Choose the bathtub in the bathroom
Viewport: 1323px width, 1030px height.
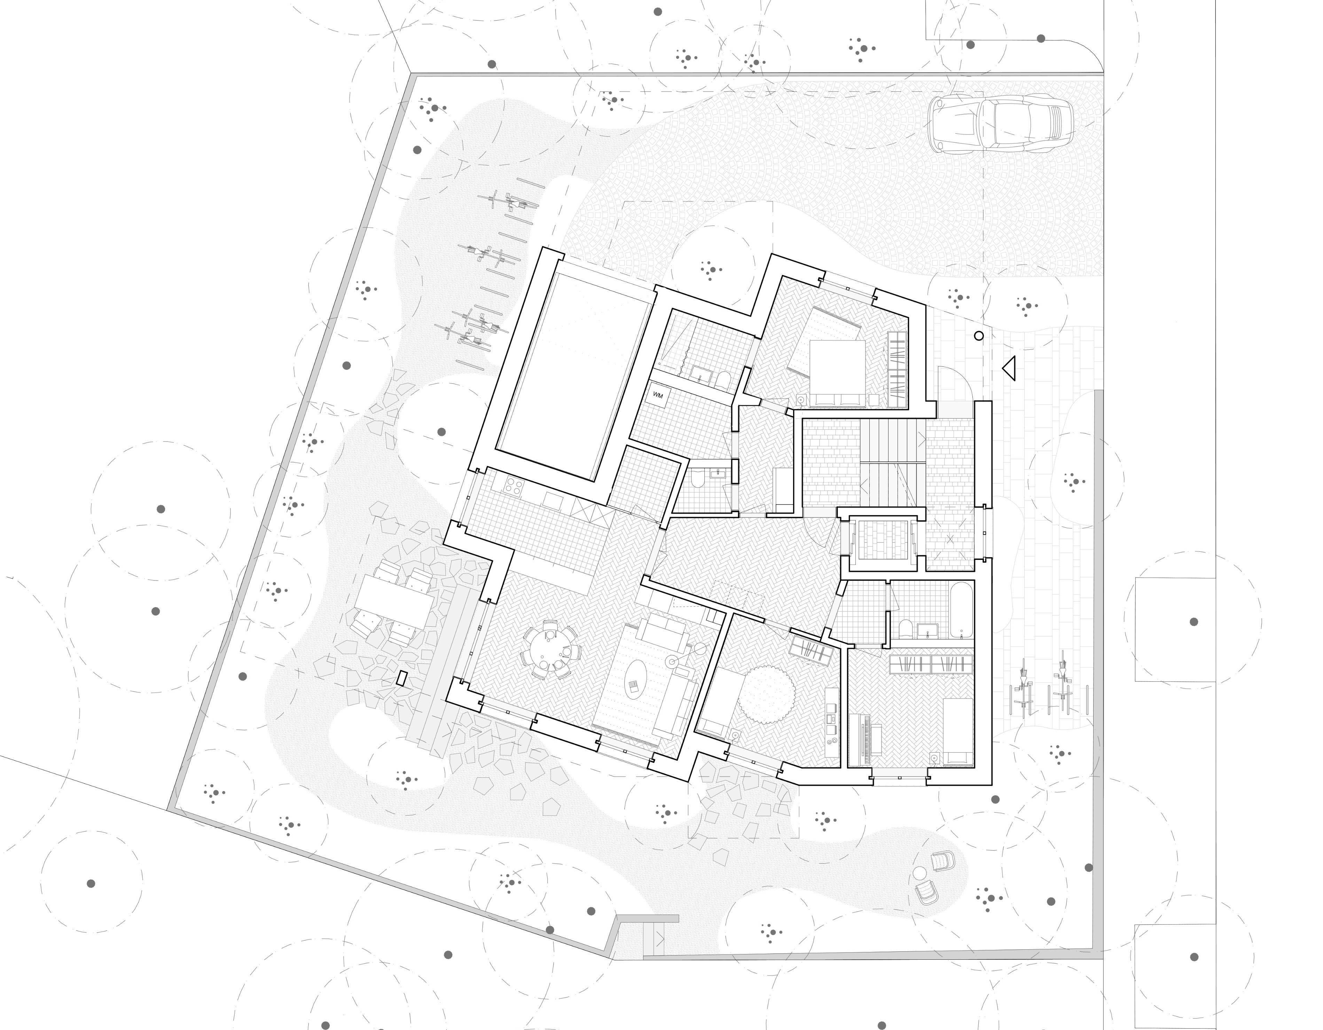coord(961,610)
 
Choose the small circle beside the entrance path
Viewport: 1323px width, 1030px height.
coord(978,336)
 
